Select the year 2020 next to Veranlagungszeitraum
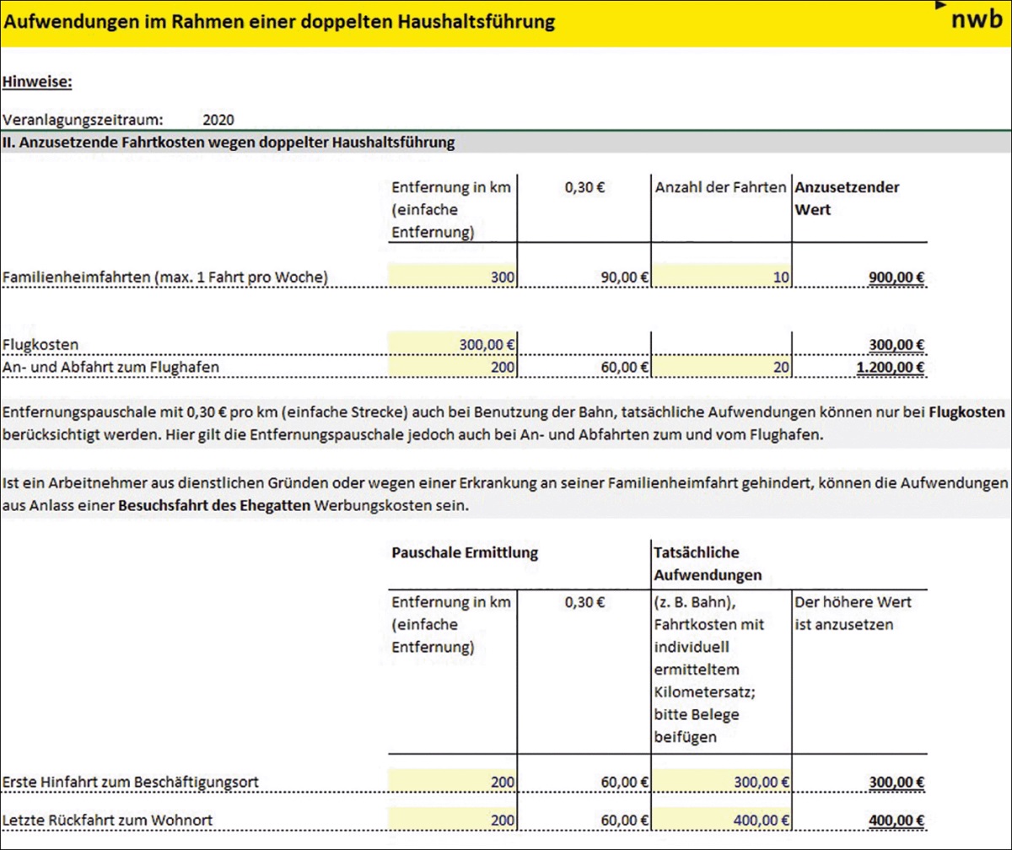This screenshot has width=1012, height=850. pos(218,120)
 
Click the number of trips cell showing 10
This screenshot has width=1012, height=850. pos(776,277)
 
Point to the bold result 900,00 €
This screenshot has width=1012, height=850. pos(896,277)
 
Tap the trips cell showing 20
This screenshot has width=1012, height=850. pos(776,367)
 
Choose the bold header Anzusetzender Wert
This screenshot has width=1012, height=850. pos(846,197)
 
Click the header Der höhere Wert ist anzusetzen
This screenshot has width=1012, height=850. pos(853,614)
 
